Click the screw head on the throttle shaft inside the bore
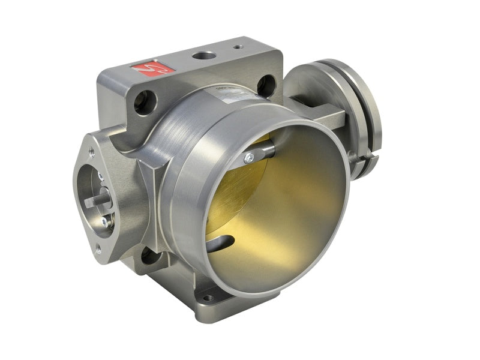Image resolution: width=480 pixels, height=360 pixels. [249, 158]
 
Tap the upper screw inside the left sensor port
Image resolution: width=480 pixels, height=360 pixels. [101, 176]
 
